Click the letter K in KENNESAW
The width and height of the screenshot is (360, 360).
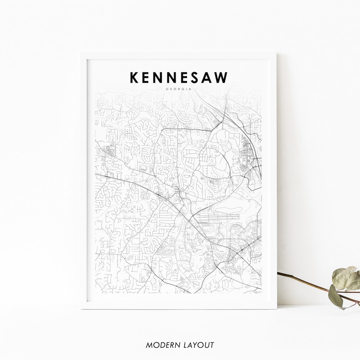[x=134, y=77]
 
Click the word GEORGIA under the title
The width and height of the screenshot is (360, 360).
[x=179, y=89]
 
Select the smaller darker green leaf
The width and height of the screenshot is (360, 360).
[x=336, y=296]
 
